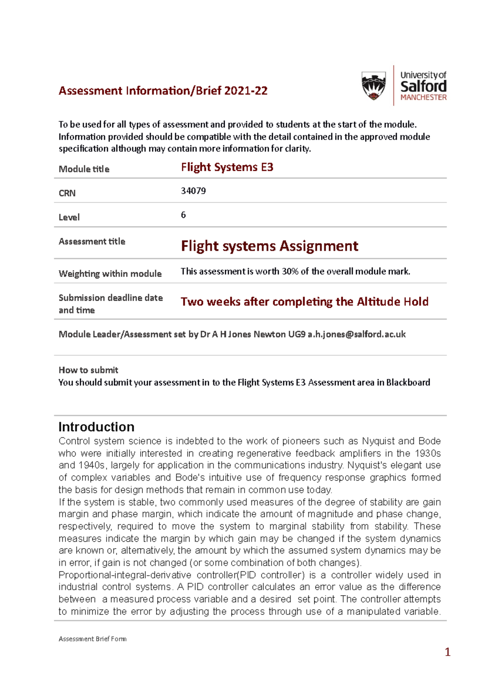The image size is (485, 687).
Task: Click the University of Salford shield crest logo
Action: click(x=373, y=85)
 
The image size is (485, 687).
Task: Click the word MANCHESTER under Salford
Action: click(x=423, y=98)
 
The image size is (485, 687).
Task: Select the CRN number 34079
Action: click(x=193, y=191)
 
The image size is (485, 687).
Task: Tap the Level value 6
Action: click(x=183, y=215)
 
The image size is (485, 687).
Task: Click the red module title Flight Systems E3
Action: click(x=227, y=167)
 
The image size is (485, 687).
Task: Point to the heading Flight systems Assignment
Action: click(x=269, y=246)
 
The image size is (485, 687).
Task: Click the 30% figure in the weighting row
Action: click(x=290, y=271)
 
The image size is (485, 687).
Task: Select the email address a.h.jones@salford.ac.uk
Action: click(x=356, y=334)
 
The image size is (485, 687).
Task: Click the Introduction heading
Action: click(x=96, y=427)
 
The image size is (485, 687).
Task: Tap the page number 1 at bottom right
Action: click(x=447, y=652)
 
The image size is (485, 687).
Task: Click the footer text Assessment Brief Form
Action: click(x=93, y=639)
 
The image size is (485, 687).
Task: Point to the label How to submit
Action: click(x=88, y=370)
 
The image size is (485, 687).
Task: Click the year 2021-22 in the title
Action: click(x=246, y=91)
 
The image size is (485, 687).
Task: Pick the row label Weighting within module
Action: click(x=110, y=274)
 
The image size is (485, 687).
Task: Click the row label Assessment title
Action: click(x=92, y=242)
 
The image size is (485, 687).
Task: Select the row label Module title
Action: click(x=84, y=169)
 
